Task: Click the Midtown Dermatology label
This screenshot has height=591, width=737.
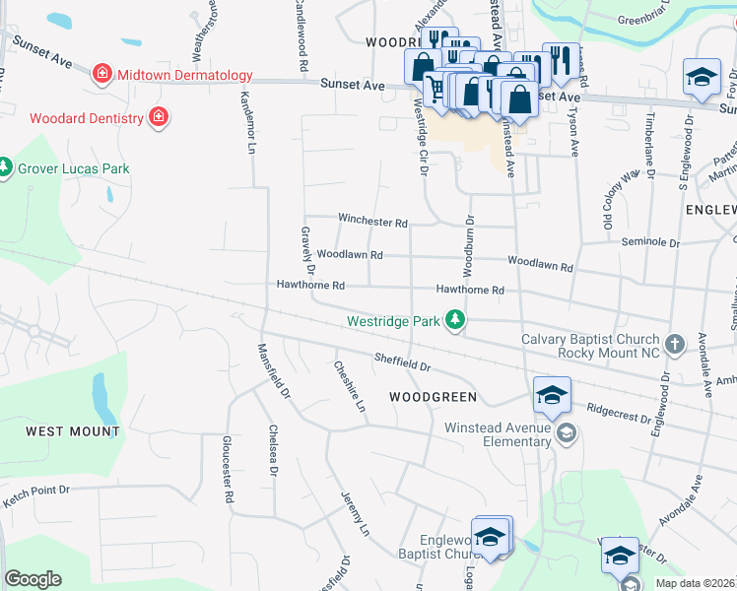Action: (184, 75)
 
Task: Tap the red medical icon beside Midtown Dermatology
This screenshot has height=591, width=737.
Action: (100, 74)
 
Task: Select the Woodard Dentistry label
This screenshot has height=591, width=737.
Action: (87, 118)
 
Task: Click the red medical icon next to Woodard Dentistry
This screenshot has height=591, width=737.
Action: (158, 118)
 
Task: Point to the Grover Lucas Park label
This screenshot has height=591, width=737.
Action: (74, 168)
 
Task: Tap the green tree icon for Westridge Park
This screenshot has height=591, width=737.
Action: (454, 320)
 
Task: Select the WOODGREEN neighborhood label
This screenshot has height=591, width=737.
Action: (433, 397)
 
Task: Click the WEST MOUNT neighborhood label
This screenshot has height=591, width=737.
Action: (73, 431)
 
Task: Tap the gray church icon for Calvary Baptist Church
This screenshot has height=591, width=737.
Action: (674, 344)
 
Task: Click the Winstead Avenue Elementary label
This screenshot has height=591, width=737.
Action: (498, 434)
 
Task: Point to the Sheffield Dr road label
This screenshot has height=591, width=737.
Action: (402, 361)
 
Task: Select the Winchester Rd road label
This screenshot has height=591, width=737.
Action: (372, 223)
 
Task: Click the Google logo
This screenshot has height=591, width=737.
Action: (33, 579)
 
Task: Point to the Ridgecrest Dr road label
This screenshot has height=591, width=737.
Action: (619, 411)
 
